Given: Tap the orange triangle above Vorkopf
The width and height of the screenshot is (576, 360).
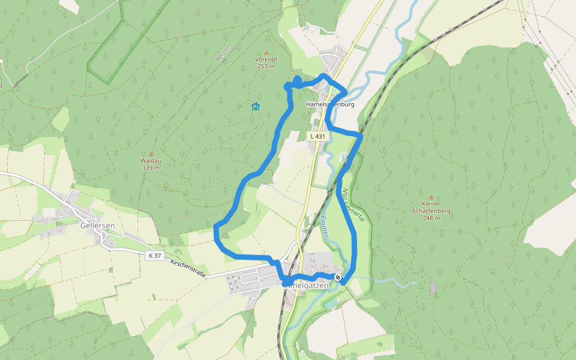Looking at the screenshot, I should pyautogui.click(x=266, y=53).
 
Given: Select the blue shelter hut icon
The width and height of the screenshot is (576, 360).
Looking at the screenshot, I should pyautogui.click(x=256, y=107).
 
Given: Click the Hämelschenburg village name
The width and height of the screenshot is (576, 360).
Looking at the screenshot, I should pyautogui.click(x=331, y=104).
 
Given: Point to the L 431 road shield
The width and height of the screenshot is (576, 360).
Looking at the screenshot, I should pyautogui.click(x=318, y=137).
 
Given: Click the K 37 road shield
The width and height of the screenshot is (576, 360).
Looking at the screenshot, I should pyautogui.click(x=155, y=256).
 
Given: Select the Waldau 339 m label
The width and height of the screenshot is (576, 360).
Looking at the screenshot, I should pyautogui.click(x=151, y=164).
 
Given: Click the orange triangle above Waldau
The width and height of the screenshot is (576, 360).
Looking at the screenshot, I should pyautogui.click(x=151, y=154).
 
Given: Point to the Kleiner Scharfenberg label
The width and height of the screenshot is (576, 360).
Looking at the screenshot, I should pyautogui.click(x=431, y=208).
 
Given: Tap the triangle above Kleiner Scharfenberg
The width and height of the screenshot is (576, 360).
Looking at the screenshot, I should pyautogui.click(x=431, y=197).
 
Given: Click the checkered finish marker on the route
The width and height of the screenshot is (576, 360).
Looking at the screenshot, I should pyautogui.click(x=338, y=277).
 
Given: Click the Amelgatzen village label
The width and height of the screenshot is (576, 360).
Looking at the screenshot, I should pyautogui.click(x=311, y=286).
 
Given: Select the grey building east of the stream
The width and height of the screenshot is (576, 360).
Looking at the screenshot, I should pyautogui.click(x=433, y=287).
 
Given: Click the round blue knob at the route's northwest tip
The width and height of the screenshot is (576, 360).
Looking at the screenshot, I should pyautogui.click(x=298, y=80).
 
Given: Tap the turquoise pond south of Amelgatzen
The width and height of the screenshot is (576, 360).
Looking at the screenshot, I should pyautogui.click(x=331, y=306).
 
